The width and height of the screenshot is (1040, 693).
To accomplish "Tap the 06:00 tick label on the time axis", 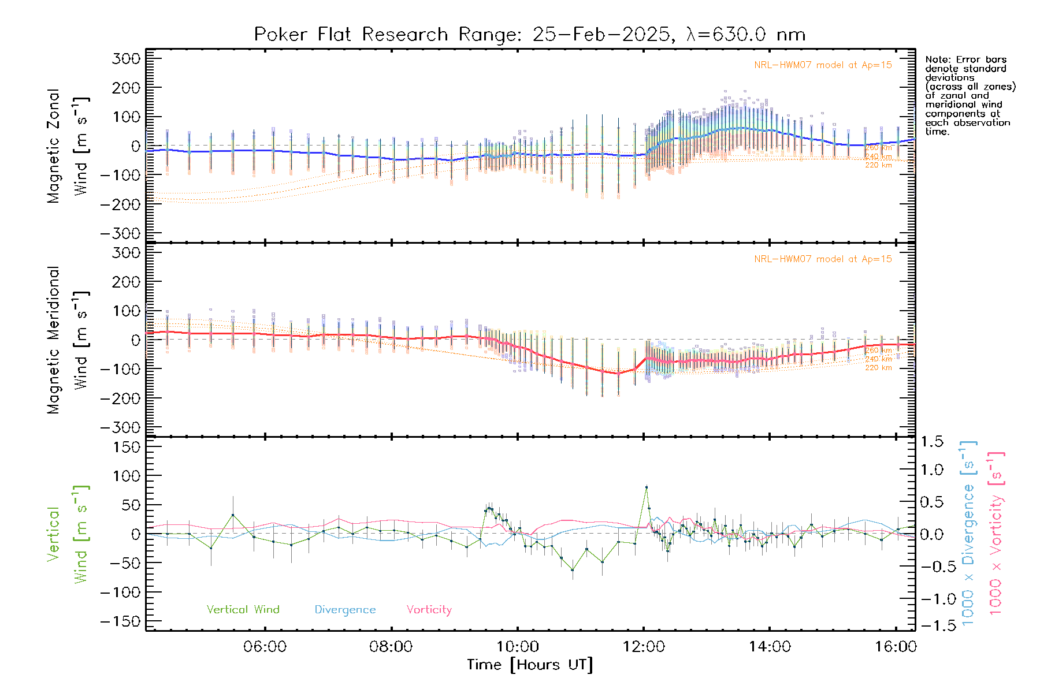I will (x=265, y=647).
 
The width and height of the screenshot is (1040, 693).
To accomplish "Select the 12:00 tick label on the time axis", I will (x=644, y=647).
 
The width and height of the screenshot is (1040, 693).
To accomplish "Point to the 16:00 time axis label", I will (x=896, y=647).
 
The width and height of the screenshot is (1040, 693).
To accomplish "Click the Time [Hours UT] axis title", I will (x=529, y=665).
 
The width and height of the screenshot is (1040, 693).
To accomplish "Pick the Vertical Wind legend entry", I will (x=243, y=609).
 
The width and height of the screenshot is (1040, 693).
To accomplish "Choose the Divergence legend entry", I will (x=345, y=609).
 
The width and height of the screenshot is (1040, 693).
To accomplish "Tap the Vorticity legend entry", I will (x=429, y=609).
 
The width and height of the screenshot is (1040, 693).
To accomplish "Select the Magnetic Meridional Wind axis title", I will (x=68, y=340).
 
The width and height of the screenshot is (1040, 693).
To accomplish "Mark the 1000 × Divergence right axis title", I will (x=968, y=533).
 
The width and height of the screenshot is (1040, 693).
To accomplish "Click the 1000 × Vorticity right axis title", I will (x=996, y=533).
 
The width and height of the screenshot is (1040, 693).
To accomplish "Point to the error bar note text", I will (x=970, y=95).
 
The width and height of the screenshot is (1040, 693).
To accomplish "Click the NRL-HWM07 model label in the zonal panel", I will (x=823, y=65).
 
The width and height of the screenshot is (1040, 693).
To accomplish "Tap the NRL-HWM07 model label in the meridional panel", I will (x=823, y=259).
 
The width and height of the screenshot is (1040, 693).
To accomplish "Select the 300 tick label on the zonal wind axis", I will (x=126, y=58).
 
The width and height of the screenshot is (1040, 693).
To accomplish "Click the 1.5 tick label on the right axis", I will (x=931, y=442).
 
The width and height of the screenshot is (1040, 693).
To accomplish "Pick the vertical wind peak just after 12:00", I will (x=647, y=487).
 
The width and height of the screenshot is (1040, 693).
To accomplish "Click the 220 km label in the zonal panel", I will (x=878, y=165).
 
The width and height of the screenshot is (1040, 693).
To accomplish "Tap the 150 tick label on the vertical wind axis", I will (x=126, y=447).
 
